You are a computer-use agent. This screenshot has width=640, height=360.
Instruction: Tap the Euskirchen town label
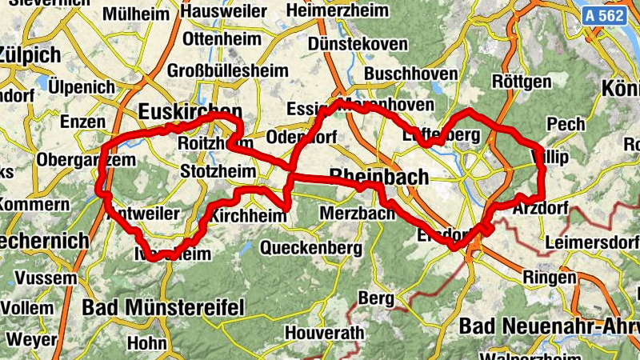click(190, 110)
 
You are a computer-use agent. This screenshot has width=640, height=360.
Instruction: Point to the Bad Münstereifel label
click(162, 307)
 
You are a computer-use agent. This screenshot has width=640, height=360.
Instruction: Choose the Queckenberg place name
click(311, 248)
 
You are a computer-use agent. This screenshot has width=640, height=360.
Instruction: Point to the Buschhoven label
click(410, 74)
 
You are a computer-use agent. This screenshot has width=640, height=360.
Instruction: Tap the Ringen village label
click(549, 278)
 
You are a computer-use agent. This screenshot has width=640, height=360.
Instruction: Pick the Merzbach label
click(357, 214)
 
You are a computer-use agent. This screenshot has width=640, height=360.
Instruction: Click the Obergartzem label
click(75, 159)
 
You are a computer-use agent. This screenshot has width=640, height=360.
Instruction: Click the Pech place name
click(566, 124)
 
